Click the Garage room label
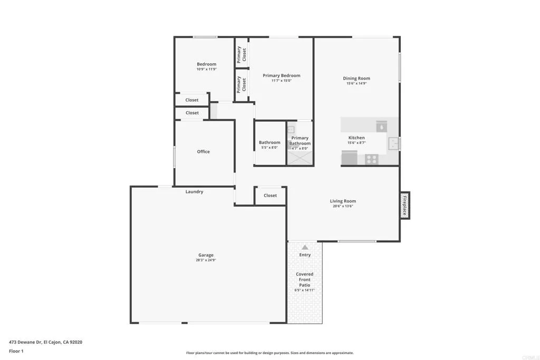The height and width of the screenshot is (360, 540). pos(206,255)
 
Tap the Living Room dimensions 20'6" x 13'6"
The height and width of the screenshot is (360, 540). pos(343,207)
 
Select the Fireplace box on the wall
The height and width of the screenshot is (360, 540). pos(404,205)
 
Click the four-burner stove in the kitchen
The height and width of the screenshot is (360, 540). pos(371,159)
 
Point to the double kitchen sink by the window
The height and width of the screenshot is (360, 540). pos(393,143)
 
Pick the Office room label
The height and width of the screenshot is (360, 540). pos(204,152)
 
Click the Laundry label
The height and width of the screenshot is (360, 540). pos(194,192)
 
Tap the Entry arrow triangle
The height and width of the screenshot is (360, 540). pos(305,247)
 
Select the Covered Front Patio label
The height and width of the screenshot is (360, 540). pos(304,280)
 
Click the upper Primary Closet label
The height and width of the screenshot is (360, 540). pos(242,54)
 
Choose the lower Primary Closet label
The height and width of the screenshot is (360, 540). pos(242,85)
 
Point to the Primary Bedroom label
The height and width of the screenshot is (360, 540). pos(282,75)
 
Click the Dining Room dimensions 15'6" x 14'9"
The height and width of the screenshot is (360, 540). pos(356,83)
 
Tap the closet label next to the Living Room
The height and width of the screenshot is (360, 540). pos(270,196)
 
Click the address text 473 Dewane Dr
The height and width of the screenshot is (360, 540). pos(45,342)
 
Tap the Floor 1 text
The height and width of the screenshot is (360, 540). pos(16,351)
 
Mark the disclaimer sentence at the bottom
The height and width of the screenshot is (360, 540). pos(269,353)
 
